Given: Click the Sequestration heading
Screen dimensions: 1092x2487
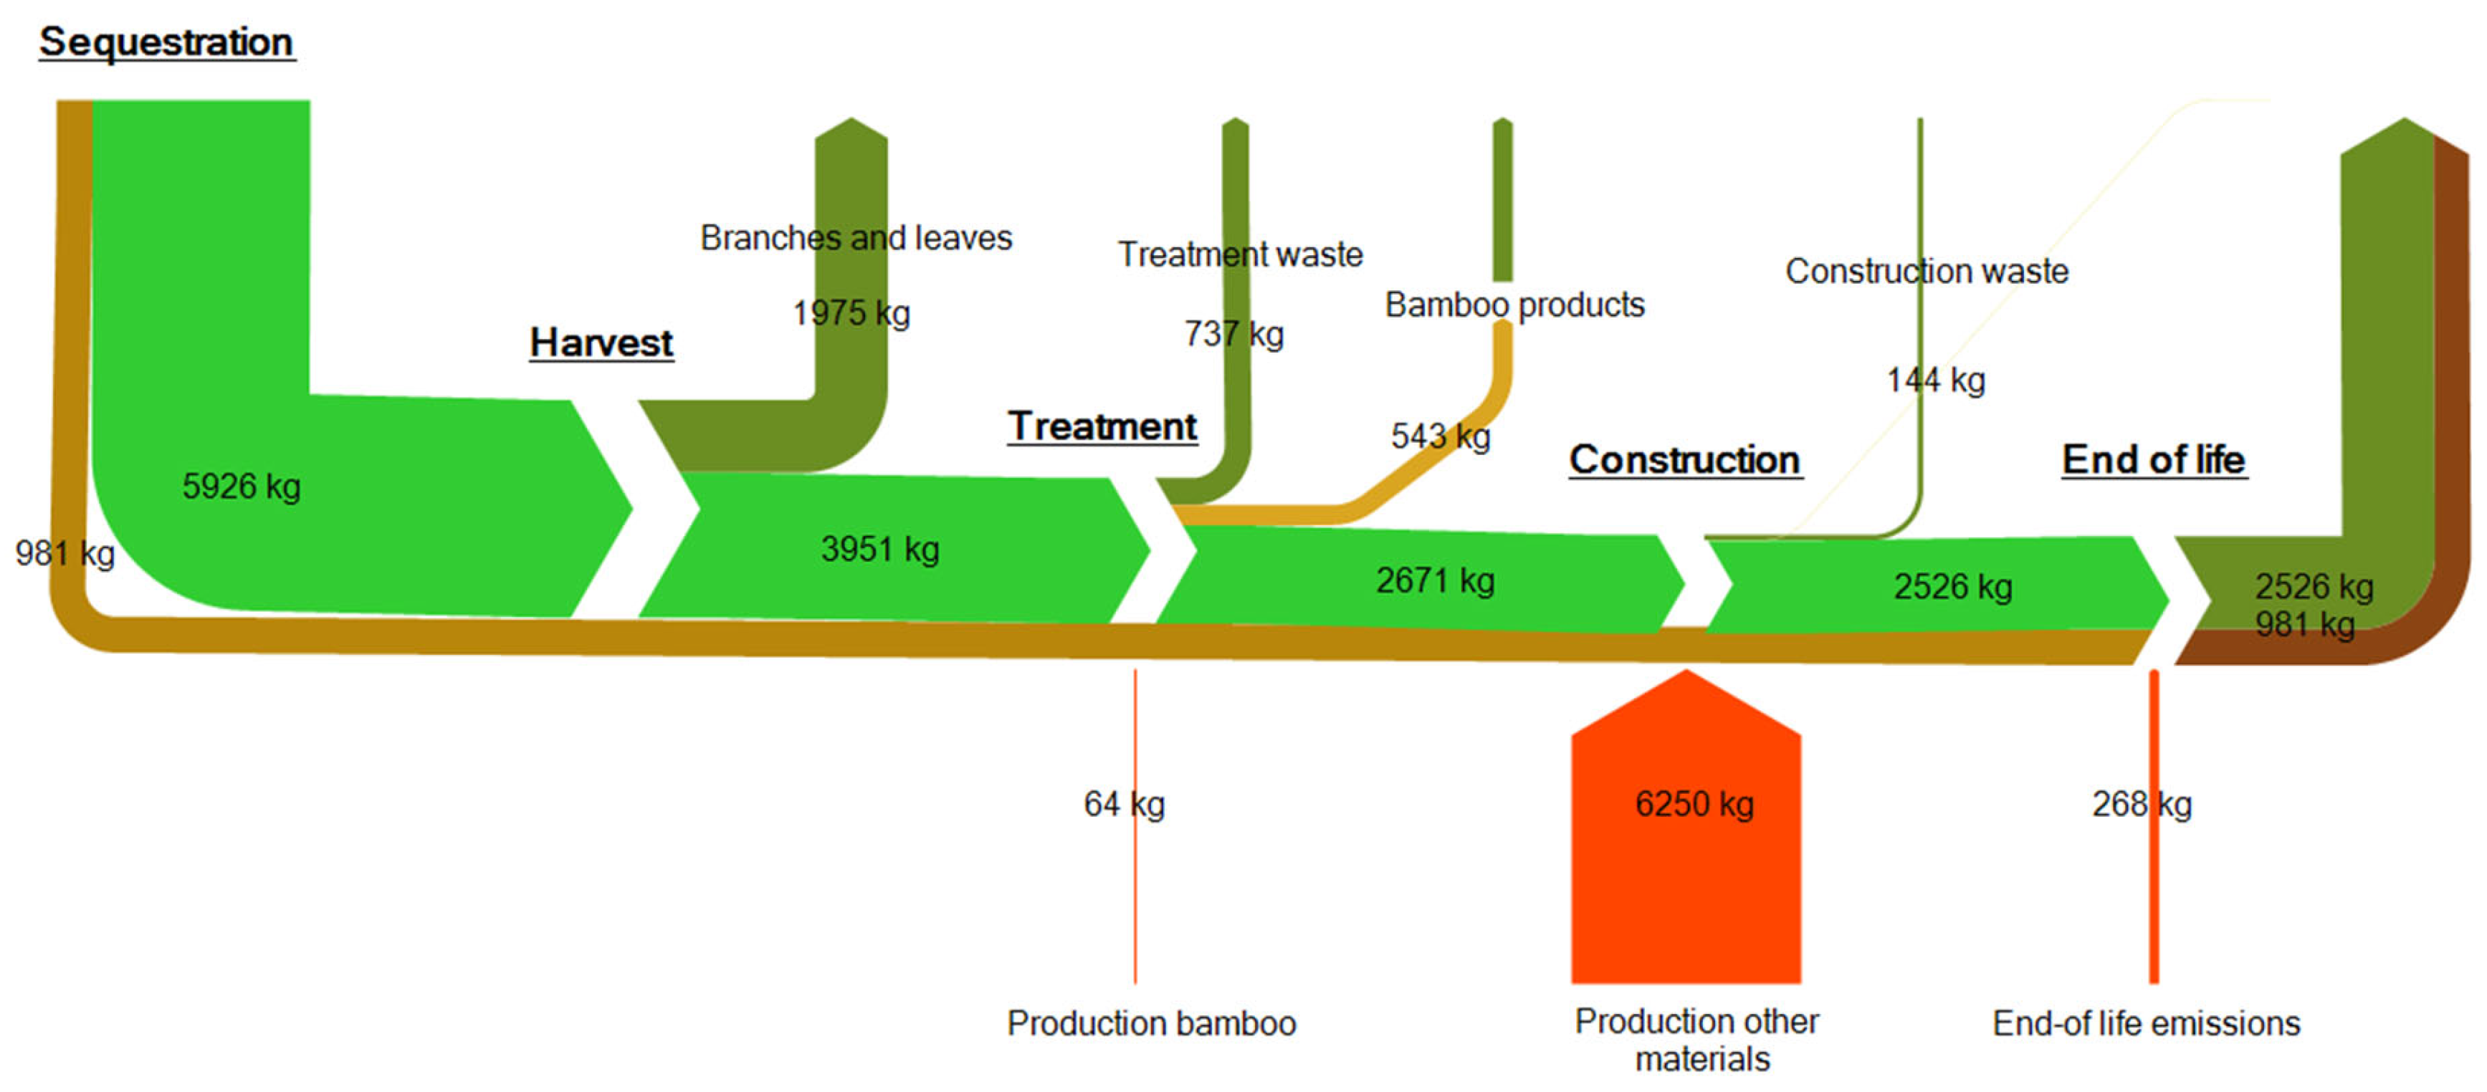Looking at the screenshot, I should [166, 42].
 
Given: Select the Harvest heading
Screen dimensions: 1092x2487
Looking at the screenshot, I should [601, 343].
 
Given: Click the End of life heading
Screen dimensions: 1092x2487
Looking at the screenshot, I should [2153, 459].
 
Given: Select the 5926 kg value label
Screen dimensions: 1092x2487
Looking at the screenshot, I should [242, 486].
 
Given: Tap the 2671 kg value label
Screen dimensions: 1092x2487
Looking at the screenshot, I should [1435, 580].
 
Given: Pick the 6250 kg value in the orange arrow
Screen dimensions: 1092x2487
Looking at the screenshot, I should [1694, 803].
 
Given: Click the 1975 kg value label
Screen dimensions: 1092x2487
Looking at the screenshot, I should [851, 313].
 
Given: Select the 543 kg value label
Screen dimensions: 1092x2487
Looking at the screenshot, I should [1441, 436].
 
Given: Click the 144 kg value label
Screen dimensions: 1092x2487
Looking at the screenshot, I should [1936, 380].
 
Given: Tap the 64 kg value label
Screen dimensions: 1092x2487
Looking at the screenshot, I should [1124, 803].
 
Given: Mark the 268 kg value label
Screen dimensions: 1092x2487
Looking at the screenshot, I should [2142, 803].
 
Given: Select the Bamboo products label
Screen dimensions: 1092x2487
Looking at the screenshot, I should [1514, 305].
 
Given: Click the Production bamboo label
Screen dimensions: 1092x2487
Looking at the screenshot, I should [1151, 1022].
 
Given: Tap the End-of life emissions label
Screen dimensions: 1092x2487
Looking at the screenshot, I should [2146, 1022].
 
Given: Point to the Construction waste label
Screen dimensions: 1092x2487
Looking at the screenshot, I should [1926, 272].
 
